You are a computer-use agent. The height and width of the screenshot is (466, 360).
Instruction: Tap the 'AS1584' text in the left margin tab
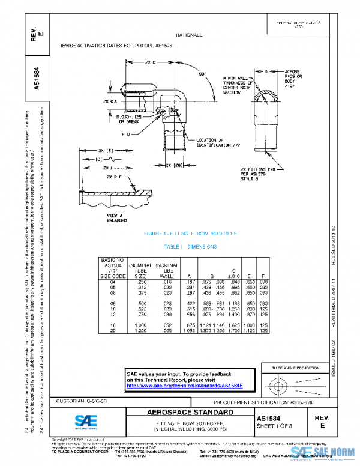point(36,77)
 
